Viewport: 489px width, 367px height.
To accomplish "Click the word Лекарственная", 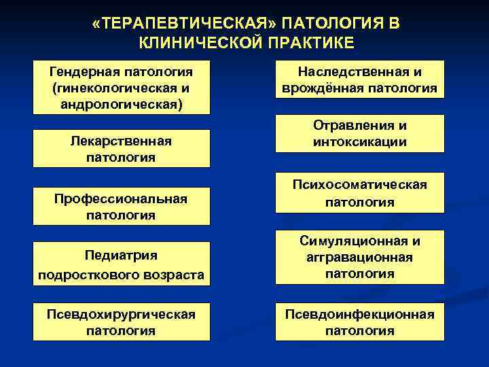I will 121,141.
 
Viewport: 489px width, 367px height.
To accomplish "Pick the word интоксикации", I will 360,142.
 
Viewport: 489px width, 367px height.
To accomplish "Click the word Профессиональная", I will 121,198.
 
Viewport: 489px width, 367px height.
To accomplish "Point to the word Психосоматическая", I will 360,184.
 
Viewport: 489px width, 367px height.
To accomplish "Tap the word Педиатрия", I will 121,256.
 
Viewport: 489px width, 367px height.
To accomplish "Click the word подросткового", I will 85,274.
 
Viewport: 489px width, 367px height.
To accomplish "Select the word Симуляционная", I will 354,241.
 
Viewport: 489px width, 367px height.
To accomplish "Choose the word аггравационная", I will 360,258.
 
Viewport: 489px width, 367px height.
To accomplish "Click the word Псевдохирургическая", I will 121,314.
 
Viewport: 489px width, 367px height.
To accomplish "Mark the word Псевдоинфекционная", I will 360,314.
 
